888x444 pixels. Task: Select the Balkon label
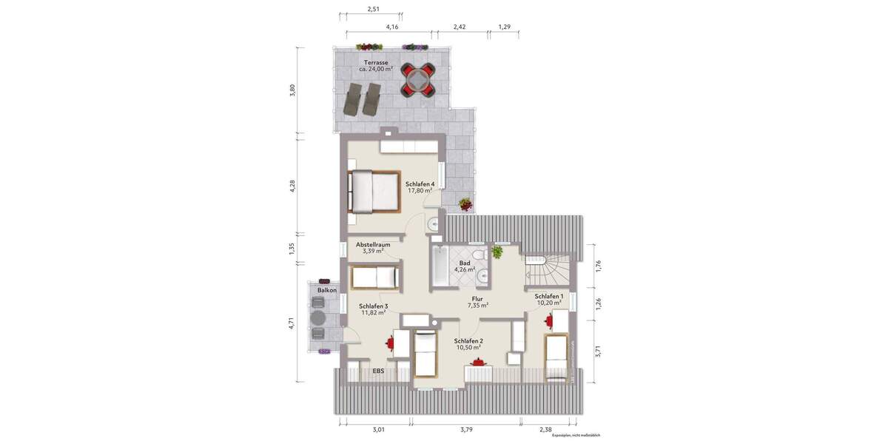[x=327, y=291]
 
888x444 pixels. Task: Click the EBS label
[x=378, y=370]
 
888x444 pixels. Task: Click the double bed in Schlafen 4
[x=374, y=191]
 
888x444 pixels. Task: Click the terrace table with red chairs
[x=418, y=79]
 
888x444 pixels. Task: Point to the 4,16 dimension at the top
[x=392, y=27]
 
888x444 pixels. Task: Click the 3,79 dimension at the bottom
[x=466, y=429]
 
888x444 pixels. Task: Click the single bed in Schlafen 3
[x=376, y=278]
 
